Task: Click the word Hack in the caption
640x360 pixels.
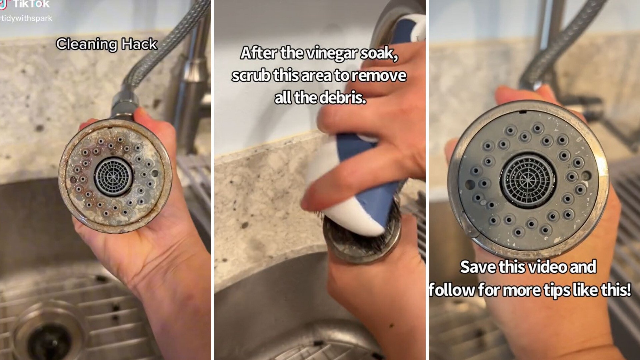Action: coord(139,44)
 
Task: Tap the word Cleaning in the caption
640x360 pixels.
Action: coord(87,44)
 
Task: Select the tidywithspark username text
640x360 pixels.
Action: coord(27,18)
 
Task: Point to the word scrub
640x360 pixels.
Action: coord(251,76)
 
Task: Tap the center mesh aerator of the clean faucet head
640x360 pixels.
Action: coord(528,180)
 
